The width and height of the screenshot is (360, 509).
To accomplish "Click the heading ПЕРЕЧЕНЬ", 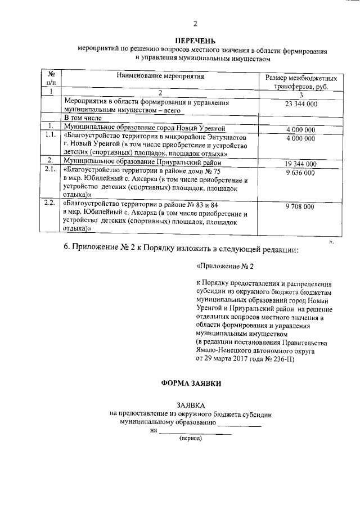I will [x=195, y=40].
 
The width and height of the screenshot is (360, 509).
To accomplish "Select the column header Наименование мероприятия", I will [x=160, y=75].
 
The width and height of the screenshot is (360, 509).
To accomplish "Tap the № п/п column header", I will [x=50, y=79].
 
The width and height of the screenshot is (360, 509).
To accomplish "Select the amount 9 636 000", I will [x=301, y=173].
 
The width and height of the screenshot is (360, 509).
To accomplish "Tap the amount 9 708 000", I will [x=301, y=207].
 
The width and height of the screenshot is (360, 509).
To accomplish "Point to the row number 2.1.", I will [x=50, y=172].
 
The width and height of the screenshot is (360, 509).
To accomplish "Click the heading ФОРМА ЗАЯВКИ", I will [x=191, y=383].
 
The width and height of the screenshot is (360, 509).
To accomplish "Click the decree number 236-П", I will [x=273, y=358].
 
